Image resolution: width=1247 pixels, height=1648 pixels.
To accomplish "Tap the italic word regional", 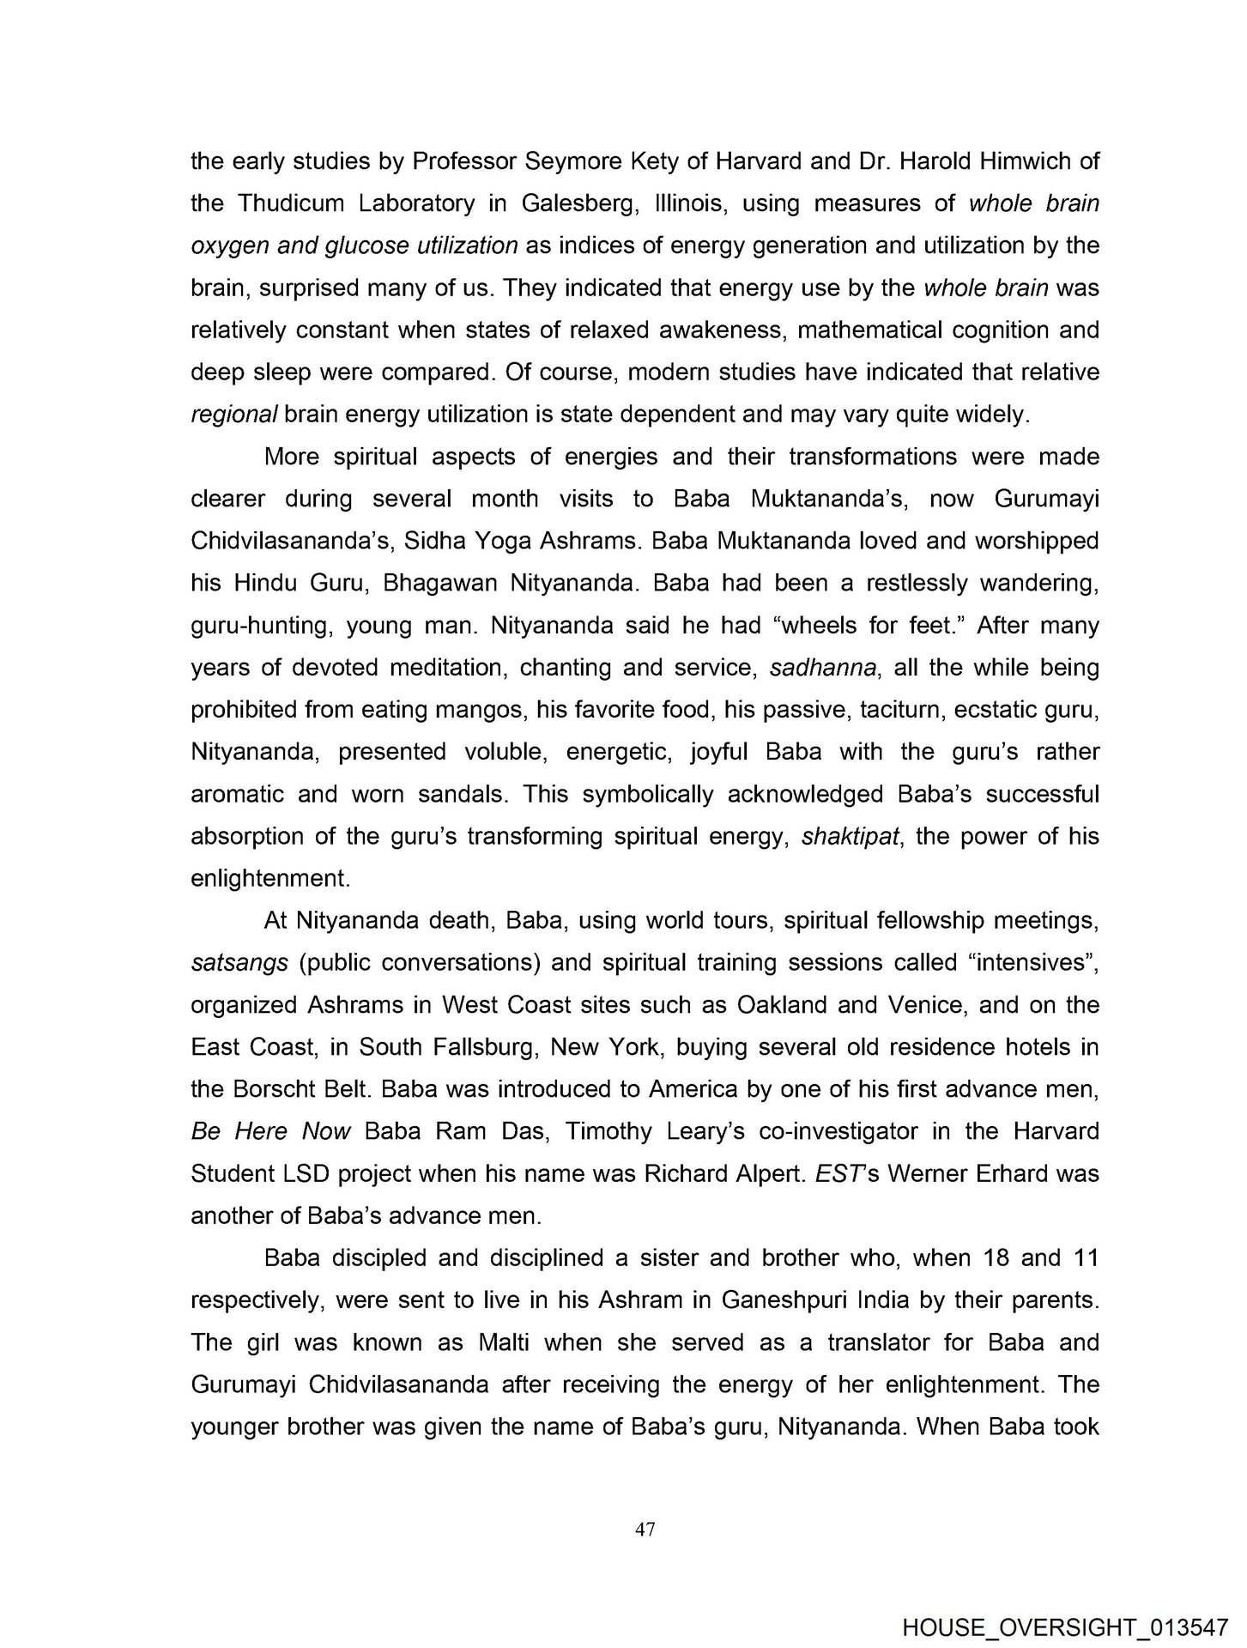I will (x=233, y=415).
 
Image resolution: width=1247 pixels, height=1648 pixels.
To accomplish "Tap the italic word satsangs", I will (x=239, y=963).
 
